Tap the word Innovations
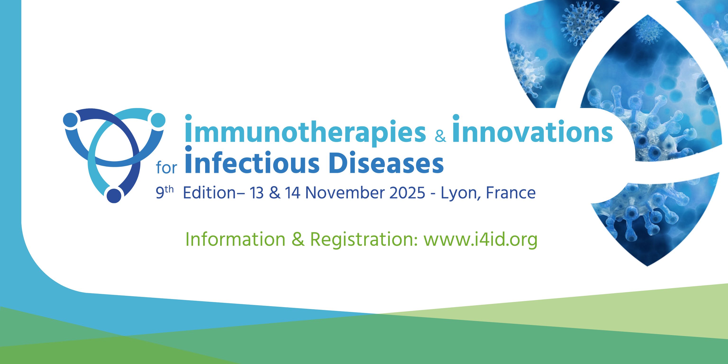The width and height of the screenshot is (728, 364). pos(532,129)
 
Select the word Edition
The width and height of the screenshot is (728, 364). pos(209,193)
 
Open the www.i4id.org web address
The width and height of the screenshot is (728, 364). pos(480,240)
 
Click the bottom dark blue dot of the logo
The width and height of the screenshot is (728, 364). pos(114,195)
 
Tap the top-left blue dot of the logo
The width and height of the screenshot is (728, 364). pos(70,120)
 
